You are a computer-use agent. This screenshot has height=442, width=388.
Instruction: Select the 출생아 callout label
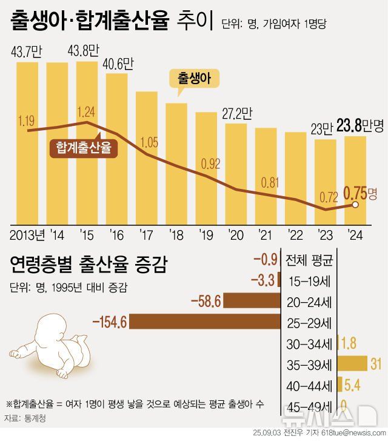[193, 79]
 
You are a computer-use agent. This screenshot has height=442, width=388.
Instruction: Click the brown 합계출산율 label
[84, 148]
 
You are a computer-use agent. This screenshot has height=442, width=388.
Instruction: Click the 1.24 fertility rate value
[87, 112]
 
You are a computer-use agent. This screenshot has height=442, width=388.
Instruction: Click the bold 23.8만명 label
[360, 126]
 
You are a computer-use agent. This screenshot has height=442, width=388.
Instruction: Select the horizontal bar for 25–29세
[204, 322]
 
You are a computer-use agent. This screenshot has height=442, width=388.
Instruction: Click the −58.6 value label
[206, 302]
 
